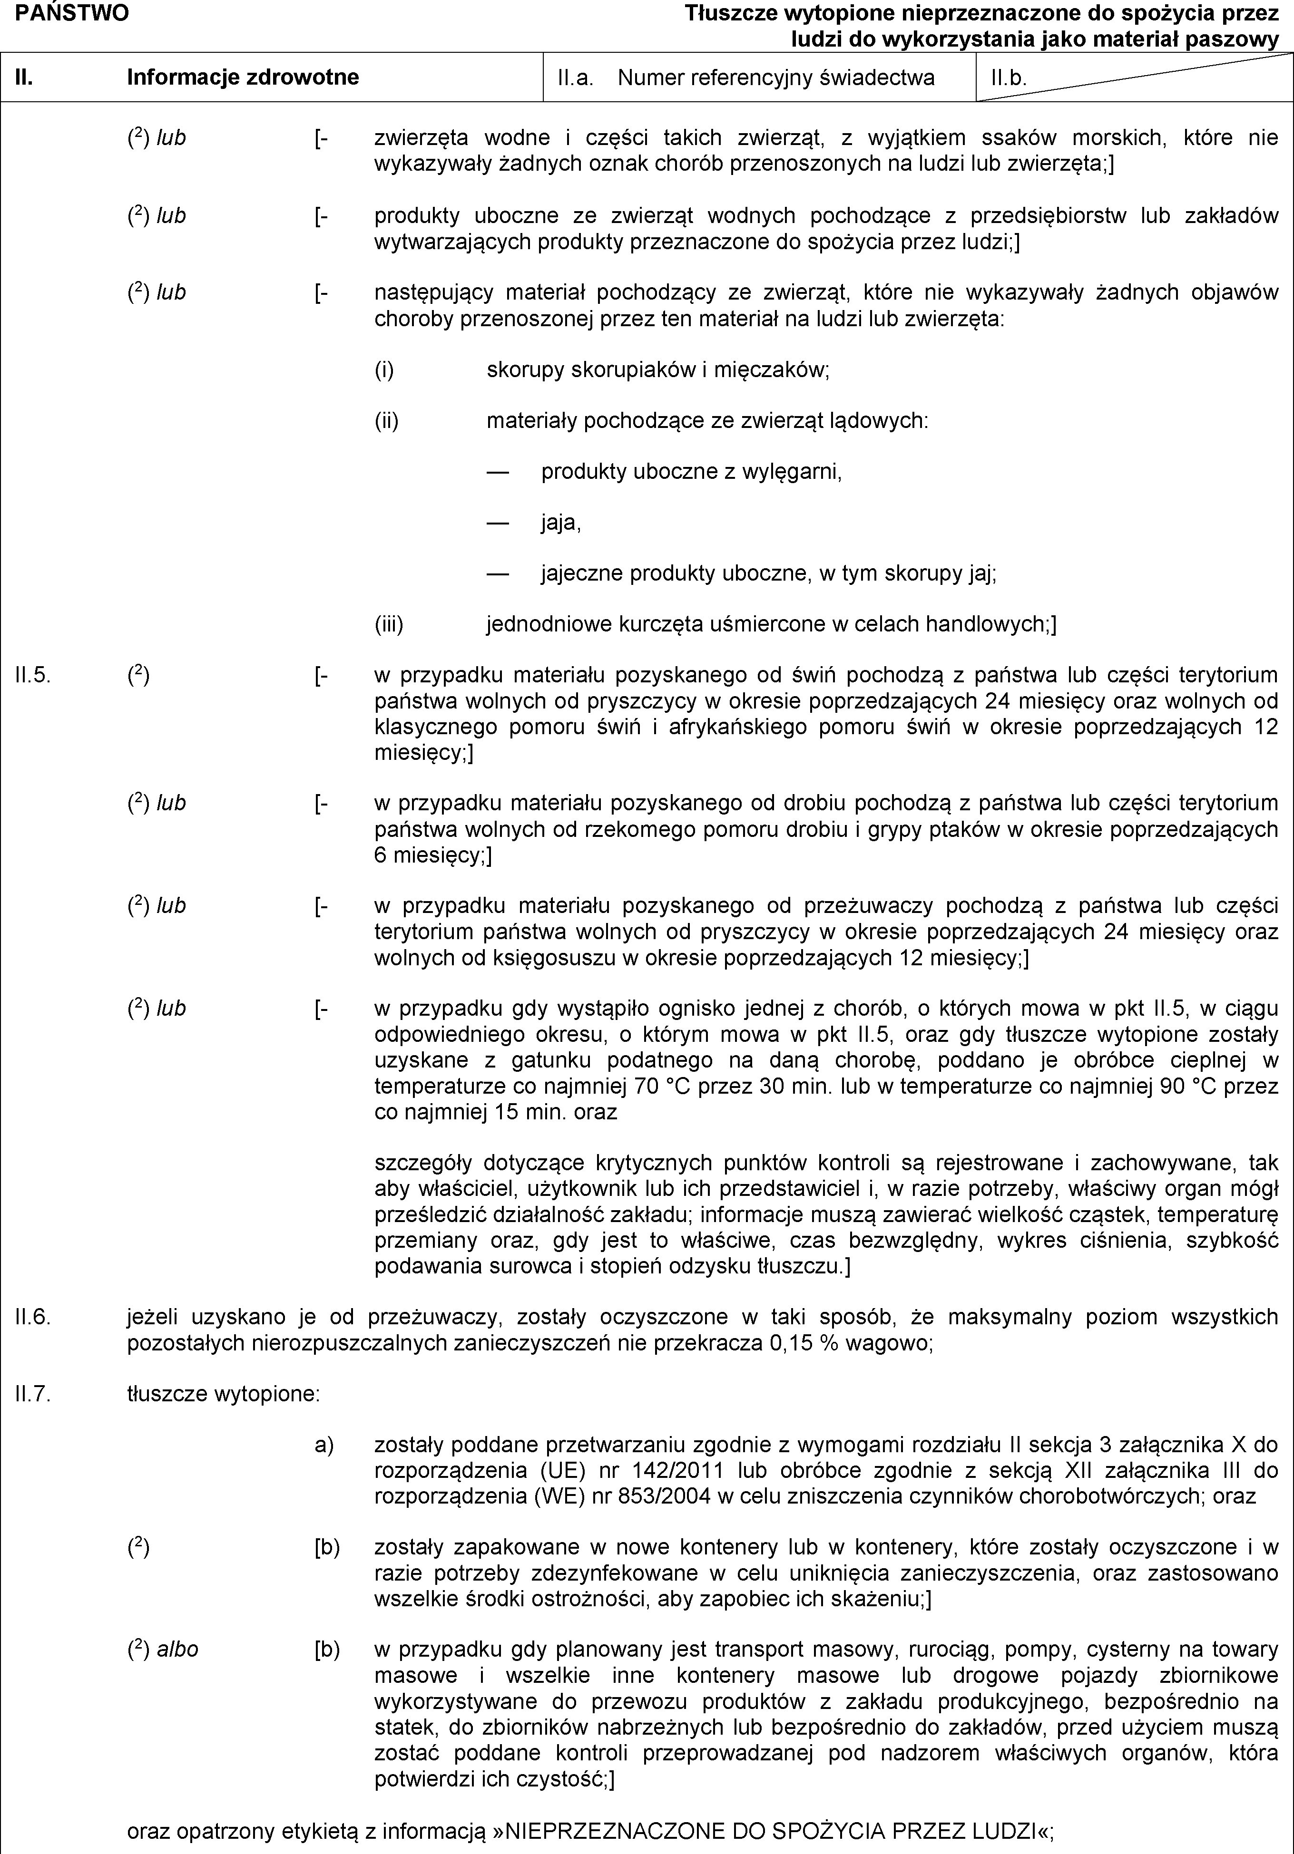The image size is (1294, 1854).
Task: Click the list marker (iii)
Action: pyautogui.click(x=389, y=624)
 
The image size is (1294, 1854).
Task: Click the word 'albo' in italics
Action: pyautogui.click(x=178, y=1649)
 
